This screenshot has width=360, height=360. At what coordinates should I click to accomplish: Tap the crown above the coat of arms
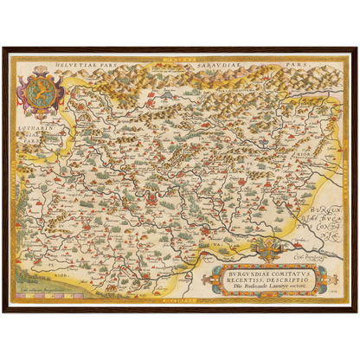(x=39, y=74)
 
